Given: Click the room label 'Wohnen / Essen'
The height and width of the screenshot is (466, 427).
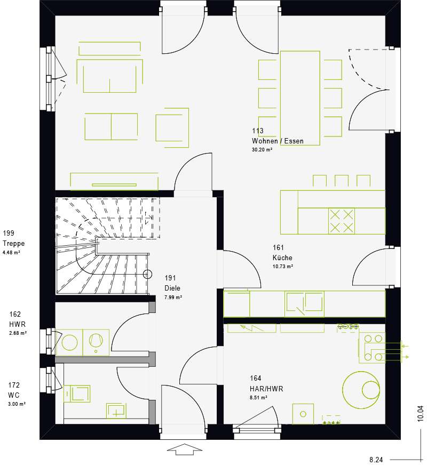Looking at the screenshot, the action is tap(278, 141).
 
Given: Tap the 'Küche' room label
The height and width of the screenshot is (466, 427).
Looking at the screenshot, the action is tap(282, 258).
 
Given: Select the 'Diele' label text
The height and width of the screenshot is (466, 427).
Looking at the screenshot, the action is tap(172, 288).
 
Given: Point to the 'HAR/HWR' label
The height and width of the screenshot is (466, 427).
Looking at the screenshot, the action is tap(266, 389).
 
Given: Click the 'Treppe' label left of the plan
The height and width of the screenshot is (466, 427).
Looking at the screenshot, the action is tap(14, 244).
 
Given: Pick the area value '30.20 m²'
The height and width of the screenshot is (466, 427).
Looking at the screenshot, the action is tap(262, 150).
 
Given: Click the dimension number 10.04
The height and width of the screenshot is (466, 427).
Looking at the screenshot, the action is tap(420, 413).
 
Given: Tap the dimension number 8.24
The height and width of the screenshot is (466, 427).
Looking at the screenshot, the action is tap(376, 460).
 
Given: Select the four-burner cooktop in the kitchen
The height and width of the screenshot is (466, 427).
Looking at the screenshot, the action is tap(342, 221).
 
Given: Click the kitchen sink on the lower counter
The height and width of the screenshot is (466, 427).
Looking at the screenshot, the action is tap(304, 304).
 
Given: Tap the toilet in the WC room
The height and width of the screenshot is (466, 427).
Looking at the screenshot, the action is tap(77, 393).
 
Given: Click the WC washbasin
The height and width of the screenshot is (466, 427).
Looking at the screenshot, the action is tap(116, 411).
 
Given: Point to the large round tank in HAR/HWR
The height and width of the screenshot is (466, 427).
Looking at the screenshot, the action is tap(361, 390).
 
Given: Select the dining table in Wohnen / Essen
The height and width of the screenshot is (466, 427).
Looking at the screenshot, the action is tap(300, 98).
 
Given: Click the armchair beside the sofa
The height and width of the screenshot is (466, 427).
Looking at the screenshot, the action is tap(172, 128).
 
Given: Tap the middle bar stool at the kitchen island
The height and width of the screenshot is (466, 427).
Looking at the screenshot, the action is tap(342, 181).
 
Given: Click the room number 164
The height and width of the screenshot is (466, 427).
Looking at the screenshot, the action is tap(256, 379).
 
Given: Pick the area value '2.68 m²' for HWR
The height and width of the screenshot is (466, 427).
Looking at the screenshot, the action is tap(18, 333).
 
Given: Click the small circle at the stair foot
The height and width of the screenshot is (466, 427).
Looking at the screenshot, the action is tap(148, 274).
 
